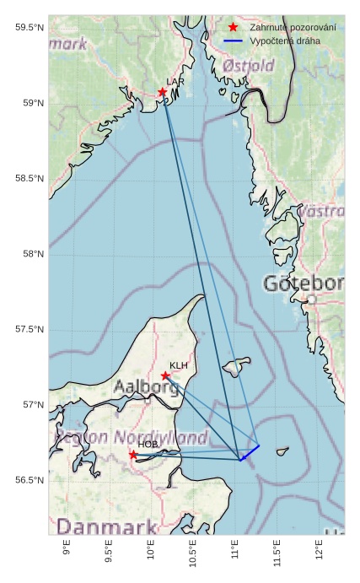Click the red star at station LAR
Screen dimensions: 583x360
pyautogui.click(x=162, y=92)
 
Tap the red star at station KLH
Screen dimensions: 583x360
pyautogui.click(x=165, y=375)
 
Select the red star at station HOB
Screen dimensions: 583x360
pyautogui.click(x=133, y=455)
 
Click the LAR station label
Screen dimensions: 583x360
pyautogui.click(x=175, y=82)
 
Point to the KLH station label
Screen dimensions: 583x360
pyautogui.click(x=179, y=365)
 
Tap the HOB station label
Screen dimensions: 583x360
pyautogui.click(x=148, y=444)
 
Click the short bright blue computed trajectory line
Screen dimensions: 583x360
pyautogui.click(x=250, y=452)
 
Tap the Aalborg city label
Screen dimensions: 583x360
pyautogui.click(x=146, y=388)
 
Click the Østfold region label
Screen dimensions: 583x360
pyautogui.click(x=249, y=65)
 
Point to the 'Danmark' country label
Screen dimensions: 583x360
pyautogui.click(x=95, y=528)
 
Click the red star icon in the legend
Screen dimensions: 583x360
pyautogui.click(x=234, y=28)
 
